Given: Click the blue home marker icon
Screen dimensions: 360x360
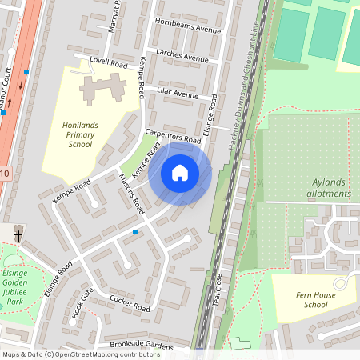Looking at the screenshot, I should click(x=180, y=173).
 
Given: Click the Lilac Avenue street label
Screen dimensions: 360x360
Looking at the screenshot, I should click(x=177, y=94).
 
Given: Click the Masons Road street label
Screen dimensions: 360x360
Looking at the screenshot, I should click(x=130, y=194).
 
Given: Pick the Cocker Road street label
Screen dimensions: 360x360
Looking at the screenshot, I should click(x=130, y=305).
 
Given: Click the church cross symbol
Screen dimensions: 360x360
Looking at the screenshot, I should click(x=18, y=235).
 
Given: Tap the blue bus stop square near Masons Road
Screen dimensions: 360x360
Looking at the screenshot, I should click(x=135, y=232).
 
